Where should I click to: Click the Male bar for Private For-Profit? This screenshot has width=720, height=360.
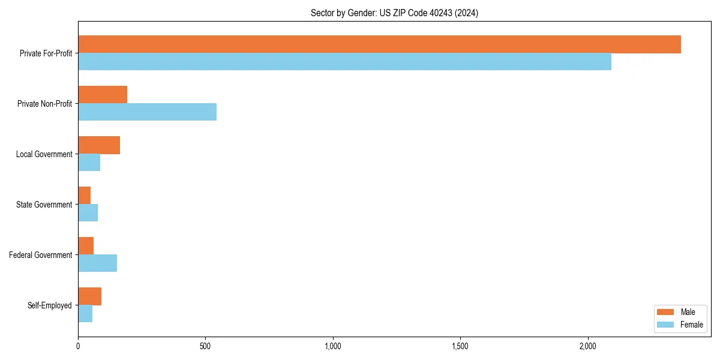(x=379, y=44)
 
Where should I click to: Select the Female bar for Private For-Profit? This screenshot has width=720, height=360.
(x=344, y=62)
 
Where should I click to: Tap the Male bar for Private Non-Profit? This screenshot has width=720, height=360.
(x=103, y=95)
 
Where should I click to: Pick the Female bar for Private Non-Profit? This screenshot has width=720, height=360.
(x=147, y=112)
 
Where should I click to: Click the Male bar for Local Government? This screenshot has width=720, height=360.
(x=99, y=145)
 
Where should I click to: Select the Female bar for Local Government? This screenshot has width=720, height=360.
(x=89, y=163)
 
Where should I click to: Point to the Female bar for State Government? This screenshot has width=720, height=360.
(x=88, y=213)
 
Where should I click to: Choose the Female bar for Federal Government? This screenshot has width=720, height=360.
(x=97, y=263)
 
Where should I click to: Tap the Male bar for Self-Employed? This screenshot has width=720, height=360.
(x=89, y=296)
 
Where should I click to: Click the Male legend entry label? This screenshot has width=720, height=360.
(x=688, y=312)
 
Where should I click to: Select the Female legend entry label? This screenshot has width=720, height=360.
(x=691, y=325)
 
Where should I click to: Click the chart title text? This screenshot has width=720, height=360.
(x=394, y=13)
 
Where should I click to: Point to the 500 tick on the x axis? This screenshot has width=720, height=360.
(x=205, y=347)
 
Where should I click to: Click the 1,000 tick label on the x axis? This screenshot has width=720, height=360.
(x=332, y=347)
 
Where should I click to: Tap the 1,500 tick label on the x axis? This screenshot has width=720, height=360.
(x=460, y=347)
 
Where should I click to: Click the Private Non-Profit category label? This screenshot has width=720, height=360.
(x=44, y=104)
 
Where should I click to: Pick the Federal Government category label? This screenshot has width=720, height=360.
(x=40, y=255)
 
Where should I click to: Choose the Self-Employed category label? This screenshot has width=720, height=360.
(x=49, y=305)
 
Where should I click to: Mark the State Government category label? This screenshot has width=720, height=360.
(x=44, y=205)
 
